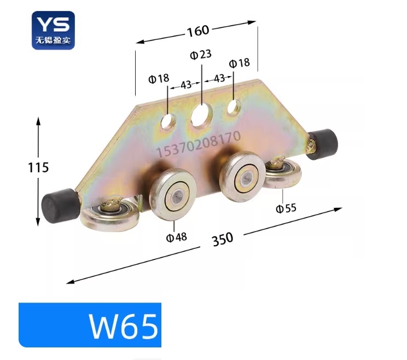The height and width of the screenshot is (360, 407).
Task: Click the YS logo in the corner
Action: [53, 30]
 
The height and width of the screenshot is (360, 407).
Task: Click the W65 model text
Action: [124, 326]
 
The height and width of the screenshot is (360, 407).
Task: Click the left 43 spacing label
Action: [185, 85]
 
